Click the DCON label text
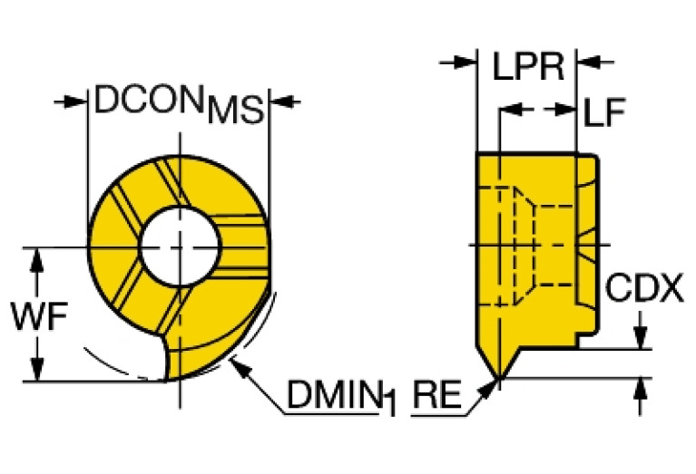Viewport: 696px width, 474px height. point(149,99)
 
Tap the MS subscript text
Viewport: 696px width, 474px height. point(236,110)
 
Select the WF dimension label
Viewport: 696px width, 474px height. point(40,316)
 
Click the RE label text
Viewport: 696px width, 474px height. point(437,394)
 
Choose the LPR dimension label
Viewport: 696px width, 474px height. point(528,66)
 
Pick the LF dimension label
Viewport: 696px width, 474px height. point(604,111)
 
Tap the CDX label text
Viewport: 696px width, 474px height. point(644,288)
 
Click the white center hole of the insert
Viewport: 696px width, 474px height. point(180,247)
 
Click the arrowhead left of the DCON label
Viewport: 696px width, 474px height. point(75,102)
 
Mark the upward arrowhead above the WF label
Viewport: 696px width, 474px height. point(37,259)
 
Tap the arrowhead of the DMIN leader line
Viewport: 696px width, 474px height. point(240,368)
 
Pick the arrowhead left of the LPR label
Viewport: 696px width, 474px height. point(465,62)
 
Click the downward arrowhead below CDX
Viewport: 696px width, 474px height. point(640,338)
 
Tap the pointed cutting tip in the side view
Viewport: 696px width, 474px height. point(499,378)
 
